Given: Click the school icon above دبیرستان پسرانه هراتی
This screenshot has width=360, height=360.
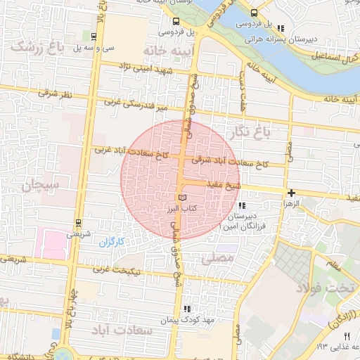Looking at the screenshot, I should coord(281,29).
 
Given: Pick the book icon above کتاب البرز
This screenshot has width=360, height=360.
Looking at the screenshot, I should coord(183,199).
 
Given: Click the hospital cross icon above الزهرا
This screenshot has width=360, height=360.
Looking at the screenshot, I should coord(291,192).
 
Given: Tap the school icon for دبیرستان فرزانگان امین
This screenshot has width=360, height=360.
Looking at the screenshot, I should coord(242,206).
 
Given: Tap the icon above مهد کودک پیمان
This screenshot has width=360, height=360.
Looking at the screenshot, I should coord(187,308).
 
